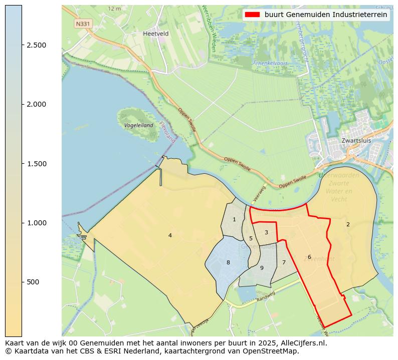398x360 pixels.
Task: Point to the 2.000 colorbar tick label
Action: (x=37, y=104)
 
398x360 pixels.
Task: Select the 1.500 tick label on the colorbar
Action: (x=37, y=164)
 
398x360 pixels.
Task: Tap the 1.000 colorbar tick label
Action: (x=37, y=223)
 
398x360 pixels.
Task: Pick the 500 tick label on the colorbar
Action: (x=33, y=282)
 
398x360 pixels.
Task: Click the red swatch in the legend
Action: (x=252, y=15)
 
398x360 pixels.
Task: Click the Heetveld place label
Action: (x=156, y=34)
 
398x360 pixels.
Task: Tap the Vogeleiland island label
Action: (x=138, y=125)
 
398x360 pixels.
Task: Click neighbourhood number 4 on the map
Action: (x=170, y=235)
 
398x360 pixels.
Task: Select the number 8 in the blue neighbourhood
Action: (x=228, y=262)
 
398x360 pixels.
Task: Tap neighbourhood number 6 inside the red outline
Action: (x=309, y=257)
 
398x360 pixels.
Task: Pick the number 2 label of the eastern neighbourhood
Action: (x=348, y=224)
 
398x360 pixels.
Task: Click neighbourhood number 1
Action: (x=234, y=219)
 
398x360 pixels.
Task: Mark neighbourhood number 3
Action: (x=266, y=232)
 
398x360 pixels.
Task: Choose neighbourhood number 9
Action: (x=262, y=268)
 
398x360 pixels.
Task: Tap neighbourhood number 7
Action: (x=284, y=262)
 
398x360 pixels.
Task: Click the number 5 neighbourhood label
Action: (x=251, y=238)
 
